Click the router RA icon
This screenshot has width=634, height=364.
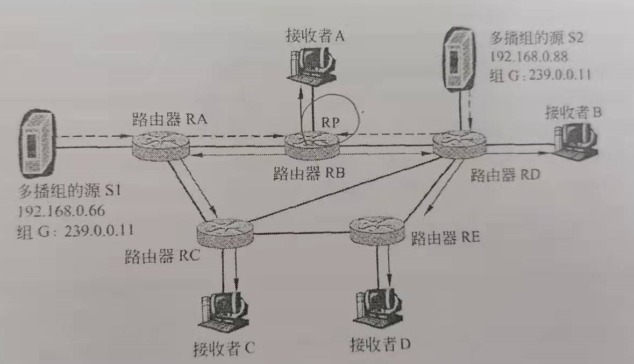point(160,142)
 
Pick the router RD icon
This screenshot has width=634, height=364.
point(460,142)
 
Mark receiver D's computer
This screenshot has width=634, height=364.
point(379,310)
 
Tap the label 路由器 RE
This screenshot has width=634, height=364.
point(445,239)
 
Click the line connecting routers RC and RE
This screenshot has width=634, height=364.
point(301,233)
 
